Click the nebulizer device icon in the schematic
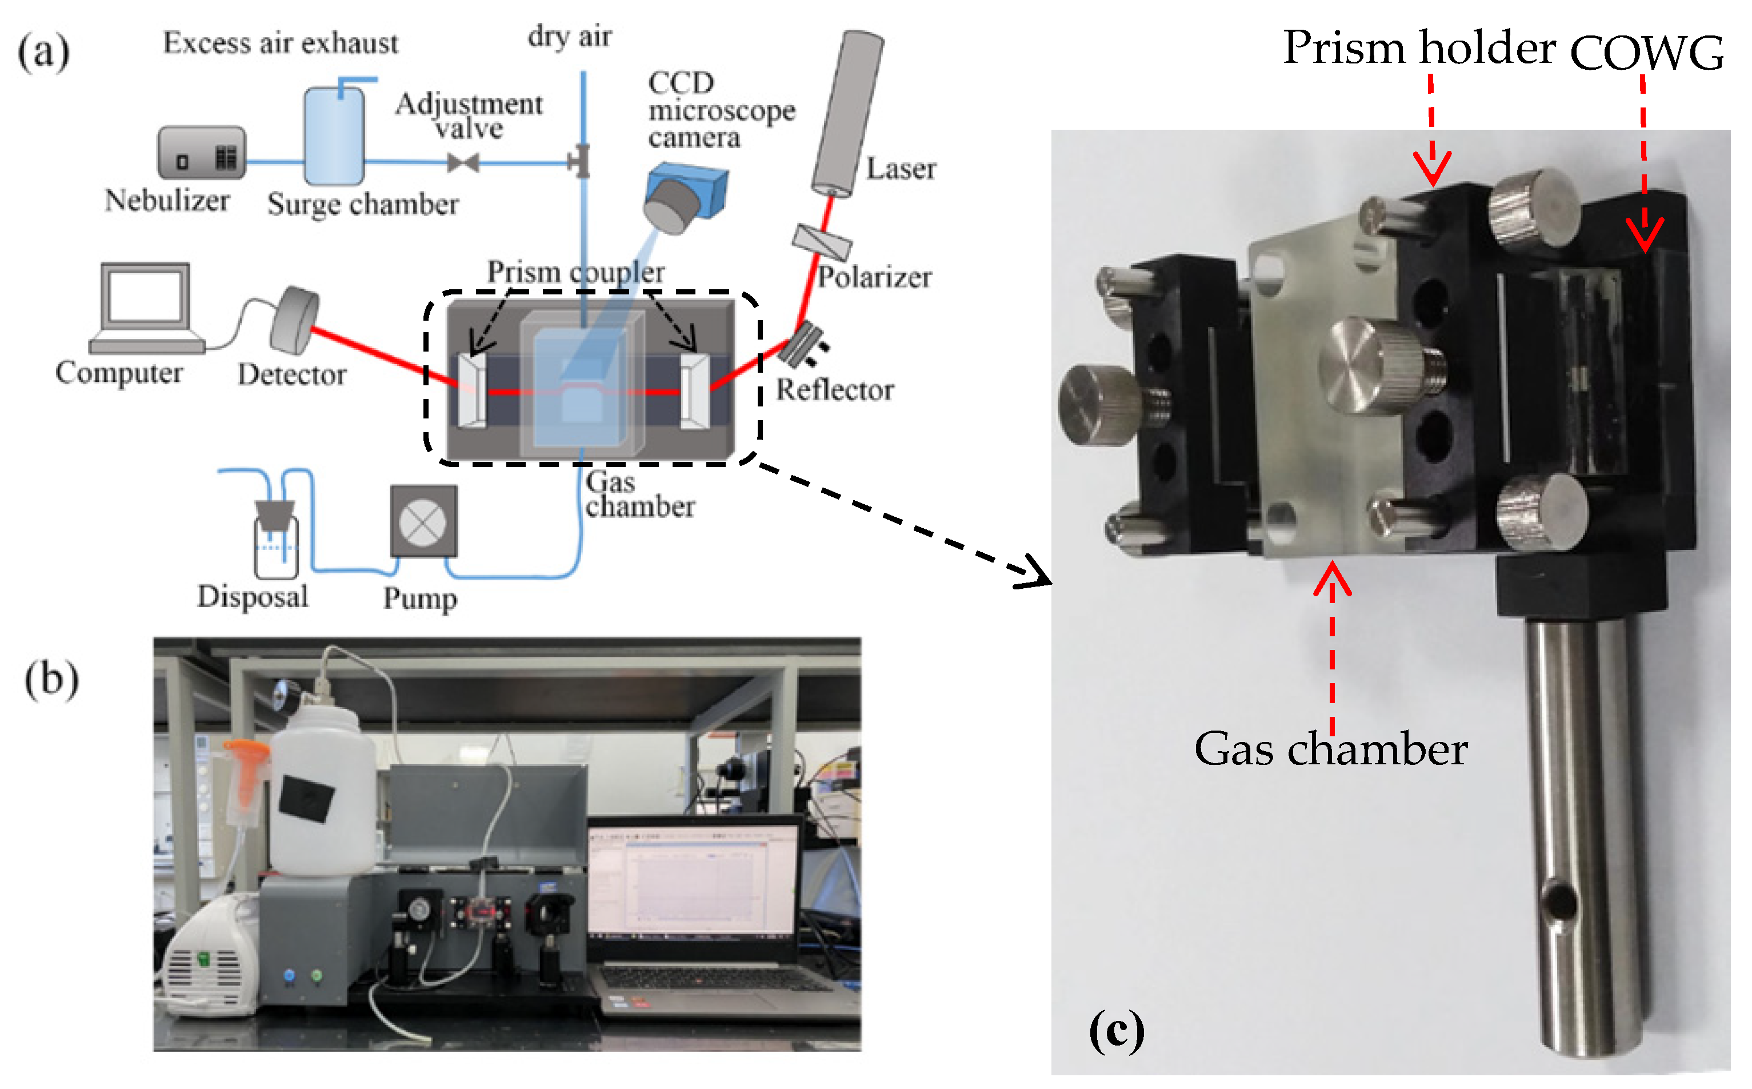202,153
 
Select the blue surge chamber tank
334,137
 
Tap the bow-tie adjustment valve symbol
463,163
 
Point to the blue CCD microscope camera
685,197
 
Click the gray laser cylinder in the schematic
848,114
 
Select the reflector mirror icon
801,344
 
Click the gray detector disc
294,321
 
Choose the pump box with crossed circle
424,522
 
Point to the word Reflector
834,390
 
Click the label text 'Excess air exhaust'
280,43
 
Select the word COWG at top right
1646,53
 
